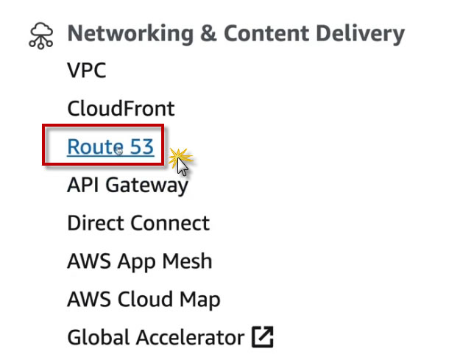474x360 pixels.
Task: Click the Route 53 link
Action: (x=110, y=147)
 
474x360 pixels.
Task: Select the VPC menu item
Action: (x=86, y=71)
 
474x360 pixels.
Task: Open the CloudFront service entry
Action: (x=121, y=109)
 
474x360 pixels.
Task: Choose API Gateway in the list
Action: (x=127, y=185)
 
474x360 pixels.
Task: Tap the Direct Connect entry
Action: (x=138, y=223)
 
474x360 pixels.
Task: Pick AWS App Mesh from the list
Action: (x=139, y=261)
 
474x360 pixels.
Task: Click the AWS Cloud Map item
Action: (x=143, y=300)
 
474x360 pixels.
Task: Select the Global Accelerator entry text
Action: (x=155, y=338)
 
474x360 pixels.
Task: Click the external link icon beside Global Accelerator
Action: (x=263, y=338)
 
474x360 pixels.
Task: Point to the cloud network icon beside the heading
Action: (x=42, y=35)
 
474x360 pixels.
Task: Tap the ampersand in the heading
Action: (x=202, y=34)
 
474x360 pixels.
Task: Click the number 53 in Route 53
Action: (x=141, y=147)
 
